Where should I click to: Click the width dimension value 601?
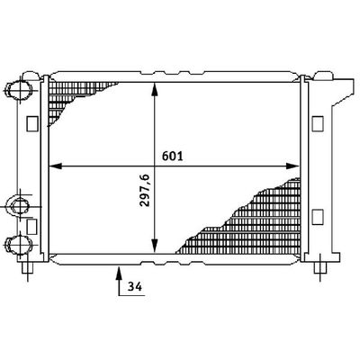172,156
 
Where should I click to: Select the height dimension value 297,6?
145,191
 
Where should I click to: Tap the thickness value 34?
134,287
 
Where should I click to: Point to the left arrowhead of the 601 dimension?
55,166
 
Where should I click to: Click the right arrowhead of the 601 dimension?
293,166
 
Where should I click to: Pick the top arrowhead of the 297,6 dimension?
154,89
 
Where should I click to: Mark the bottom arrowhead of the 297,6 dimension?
154,246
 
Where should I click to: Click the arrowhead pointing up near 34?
119,273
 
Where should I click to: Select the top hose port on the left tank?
20,90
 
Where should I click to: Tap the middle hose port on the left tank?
20,206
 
